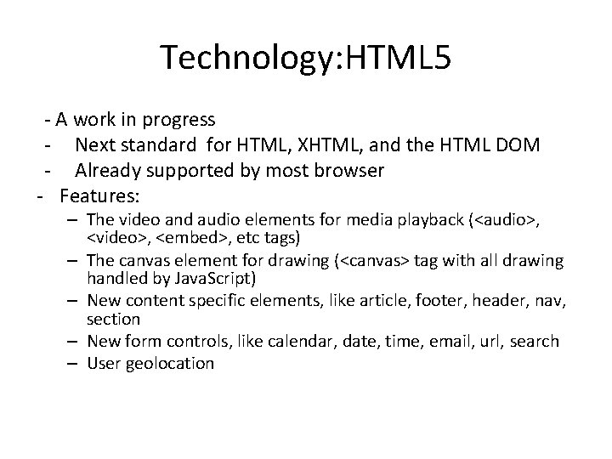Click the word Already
[x=108, y=171]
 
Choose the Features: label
[x=99, y=196]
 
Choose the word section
[x=113, y=319]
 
